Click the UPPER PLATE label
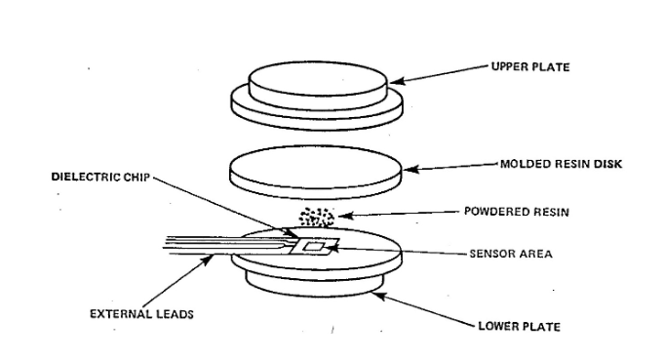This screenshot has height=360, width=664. [530, 67]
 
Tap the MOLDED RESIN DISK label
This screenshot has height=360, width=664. [561, 164]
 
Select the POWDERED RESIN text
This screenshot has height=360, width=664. [516, 212]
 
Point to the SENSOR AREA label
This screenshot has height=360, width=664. [511, 254]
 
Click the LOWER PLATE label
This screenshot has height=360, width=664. [519, 327]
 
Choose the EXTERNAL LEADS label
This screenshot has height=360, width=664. [141, 314]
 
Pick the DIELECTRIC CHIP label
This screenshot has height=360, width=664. [100, 177]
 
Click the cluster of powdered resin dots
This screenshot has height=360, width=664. [317, 217]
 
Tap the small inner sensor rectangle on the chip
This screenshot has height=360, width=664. [314, 247]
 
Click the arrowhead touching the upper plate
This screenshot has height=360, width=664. [396, 81]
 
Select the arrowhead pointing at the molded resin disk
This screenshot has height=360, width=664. [410, 170]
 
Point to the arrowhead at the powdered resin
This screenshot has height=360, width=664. [345, 216]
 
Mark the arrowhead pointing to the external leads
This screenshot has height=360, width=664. [207, 259]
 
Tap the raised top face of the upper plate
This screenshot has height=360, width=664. [318, 78]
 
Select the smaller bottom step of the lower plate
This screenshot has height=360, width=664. [314, 284]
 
